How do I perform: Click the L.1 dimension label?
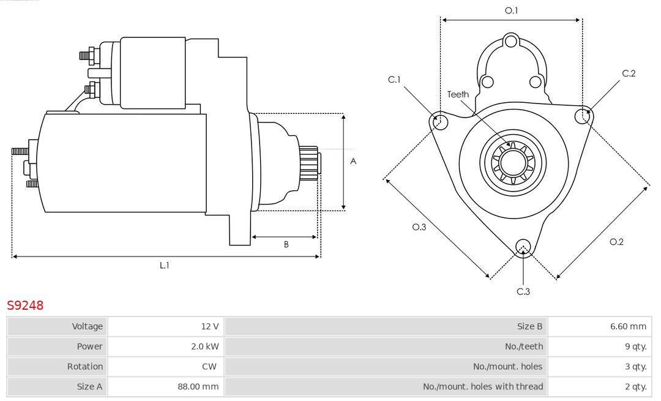click(x=165, y=265)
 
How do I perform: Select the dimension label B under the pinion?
click(x=286, y=244)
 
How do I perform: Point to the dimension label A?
click(x=353, y=162)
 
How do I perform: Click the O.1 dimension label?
click(x=511, y=10)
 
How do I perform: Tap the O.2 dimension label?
click(x=616, y=242)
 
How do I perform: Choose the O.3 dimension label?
click(x=419, y=227)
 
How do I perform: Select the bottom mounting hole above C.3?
click(x=523, y=247)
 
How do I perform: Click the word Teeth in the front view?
click(x=458, y=94)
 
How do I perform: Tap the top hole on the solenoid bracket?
click(x=511, y=42)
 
